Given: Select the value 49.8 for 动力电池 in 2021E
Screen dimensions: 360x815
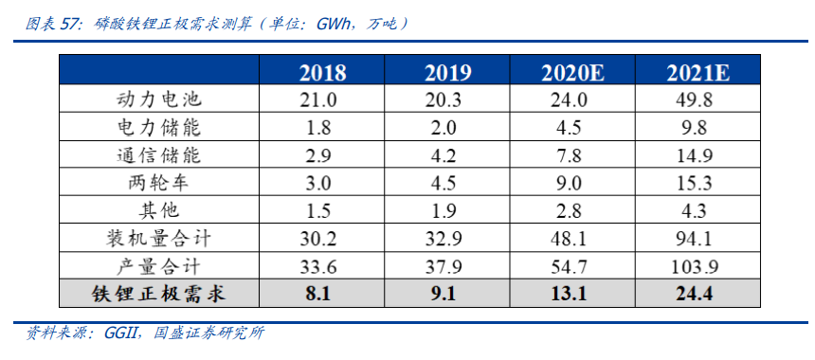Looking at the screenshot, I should click(697, 99).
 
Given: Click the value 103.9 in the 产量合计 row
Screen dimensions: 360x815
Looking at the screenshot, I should click(697, 265).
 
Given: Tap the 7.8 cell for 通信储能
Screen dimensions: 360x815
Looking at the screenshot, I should click(571, 154).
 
